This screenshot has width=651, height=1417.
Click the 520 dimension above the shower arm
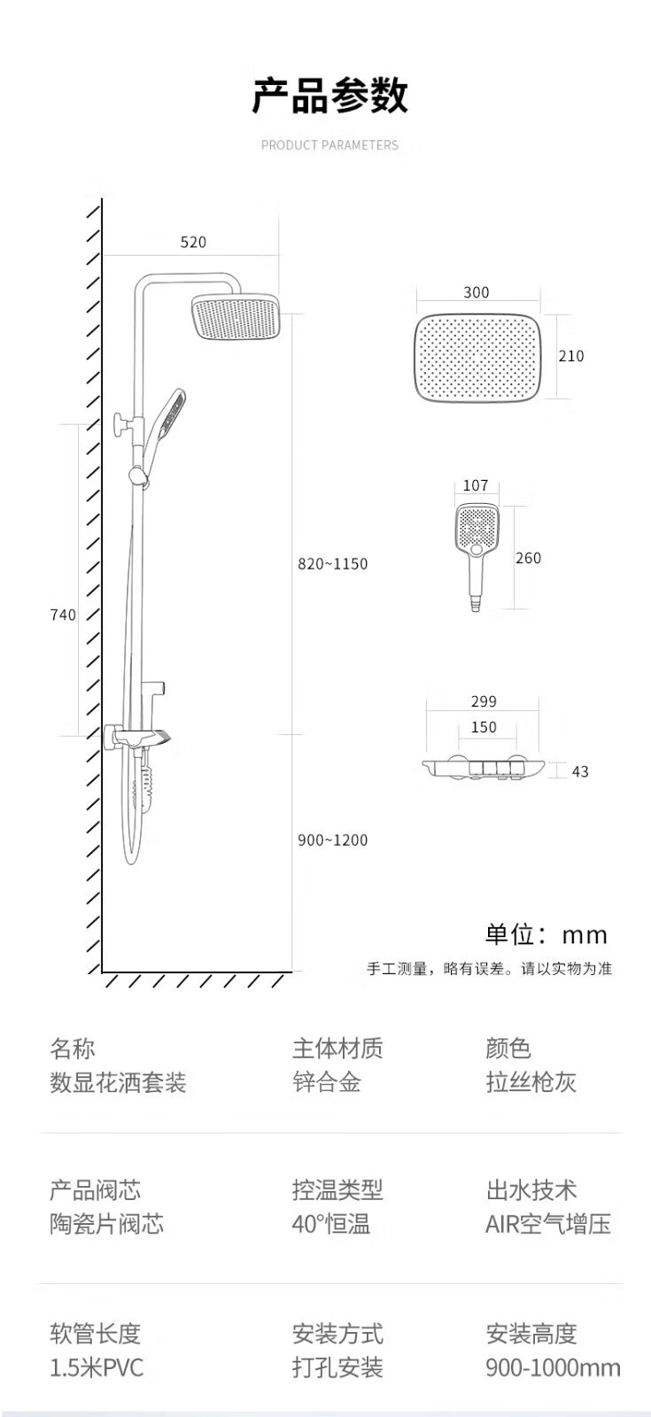pyautogui.click(x=193, y=242)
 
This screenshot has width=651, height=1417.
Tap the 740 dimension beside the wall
pyautogui.click(x=63, y=615)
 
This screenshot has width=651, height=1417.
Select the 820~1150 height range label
pyautogui.click(x=333, y=563)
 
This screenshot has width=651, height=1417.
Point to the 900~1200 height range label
pyautogui.click(x=333, y=840)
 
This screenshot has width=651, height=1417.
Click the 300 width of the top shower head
pyautogui.click(x=477, y=292)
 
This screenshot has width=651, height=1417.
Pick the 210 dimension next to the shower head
pyautogui.click(x=570, y=356)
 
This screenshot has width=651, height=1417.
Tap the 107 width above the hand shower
pyautogui.click(x=476, y=485)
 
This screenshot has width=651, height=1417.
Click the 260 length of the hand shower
pyautogui.click(x=528, y=558)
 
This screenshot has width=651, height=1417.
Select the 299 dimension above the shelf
pyautogui.click(x=484, y=701)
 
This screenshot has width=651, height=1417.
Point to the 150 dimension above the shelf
pyautogui.click(x=484, y=727)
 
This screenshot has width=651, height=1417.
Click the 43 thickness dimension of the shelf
pyautogui.click(x=580, y=771)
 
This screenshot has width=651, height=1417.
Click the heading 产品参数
pyautogui.click(x=330, y=96)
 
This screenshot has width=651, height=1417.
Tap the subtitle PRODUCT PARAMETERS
pyautogui.click(x=329, y=145)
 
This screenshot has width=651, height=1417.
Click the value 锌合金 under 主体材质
pyautogui.click(x=327, y=1081)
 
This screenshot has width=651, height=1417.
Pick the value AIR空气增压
pyautogui.click(x=548, y=1223)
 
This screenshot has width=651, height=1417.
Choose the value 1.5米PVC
pyautogui.click(x=97, y=1367)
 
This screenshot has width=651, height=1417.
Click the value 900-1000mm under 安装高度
pyautogui.click(x=553, y=1367)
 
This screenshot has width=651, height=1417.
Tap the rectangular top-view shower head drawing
pyautogui.click(x=478, y=358)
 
